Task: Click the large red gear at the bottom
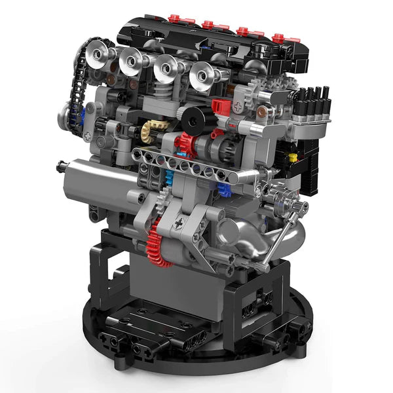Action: (159, 240)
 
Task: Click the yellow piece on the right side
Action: (293, 157)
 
